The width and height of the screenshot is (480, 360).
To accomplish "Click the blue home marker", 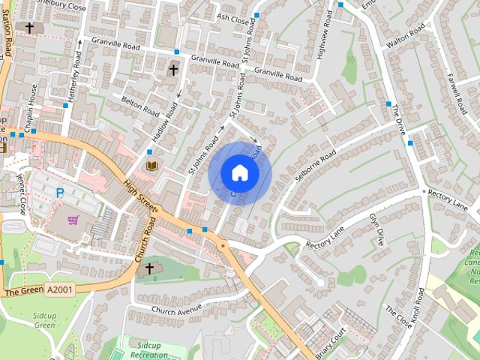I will [x=239, y=173].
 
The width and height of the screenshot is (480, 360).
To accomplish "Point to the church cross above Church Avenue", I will [x=148, y=268].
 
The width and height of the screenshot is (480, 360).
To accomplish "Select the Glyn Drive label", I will [x=376, y=228].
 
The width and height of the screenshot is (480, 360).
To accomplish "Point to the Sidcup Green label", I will [x=45, y=321].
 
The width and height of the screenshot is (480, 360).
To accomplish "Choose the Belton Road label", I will [x=142, y=107].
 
